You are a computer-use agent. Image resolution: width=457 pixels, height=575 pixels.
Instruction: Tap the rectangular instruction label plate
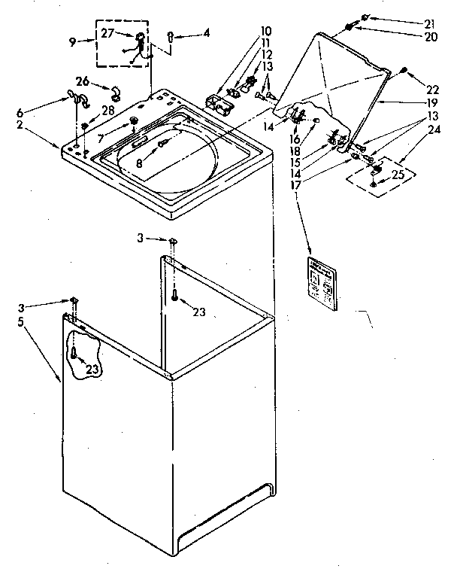[x=322, y=282]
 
